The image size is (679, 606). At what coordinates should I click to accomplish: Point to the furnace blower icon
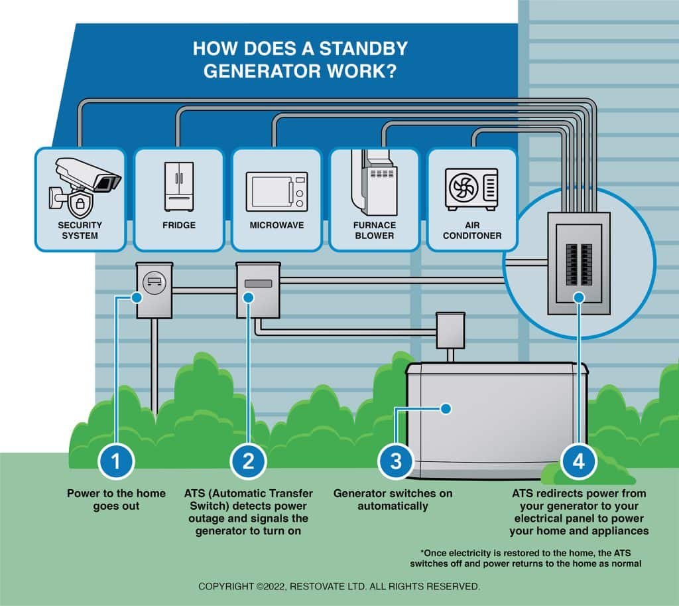[375, 183]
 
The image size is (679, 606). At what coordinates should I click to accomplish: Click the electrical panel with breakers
[579, 263]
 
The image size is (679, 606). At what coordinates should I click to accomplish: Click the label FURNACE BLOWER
[374, 230]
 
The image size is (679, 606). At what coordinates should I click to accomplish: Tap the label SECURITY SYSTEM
[80, 230]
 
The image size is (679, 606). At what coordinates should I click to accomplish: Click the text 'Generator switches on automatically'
[393, 500]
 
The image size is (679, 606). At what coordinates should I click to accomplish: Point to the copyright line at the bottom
[339, 587]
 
